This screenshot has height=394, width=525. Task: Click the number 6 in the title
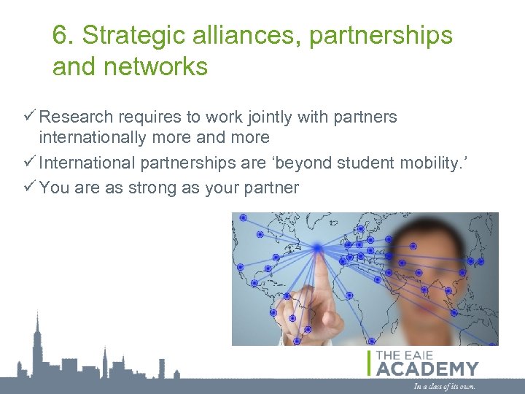pyautogui.click(x=60, y=35)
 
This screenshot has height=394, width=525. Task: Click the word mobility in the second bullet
pyautogui.click(x=433, y=162)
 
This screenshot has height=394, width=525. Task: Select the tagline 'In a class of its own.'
pyautogui.click(x=443, y=386)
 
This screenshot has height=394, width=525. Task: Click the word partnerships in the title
pyautogui.click(x=380, y=35)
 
